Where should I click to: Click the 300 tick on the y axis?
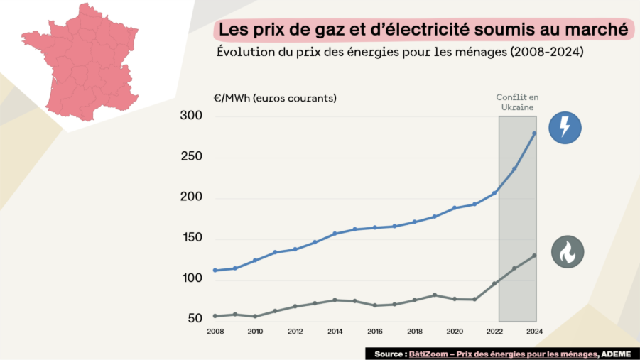tap(192, 116)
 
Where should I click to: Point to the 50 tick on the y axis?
tap(195, 319)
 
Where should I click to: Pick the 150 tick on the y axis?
tap(192, 238)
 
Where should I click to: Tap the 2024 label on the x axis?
tap(534, 332)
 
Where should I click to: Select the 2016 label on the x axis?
tap(374, 332)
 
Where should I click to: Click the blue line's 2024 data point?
tap(534, 133)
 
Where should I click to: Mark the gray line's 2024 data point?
tap(534, 256)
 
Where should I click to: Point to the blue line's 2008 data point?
tap(215, 271)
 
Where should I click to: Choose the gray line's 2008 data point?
tap(215, 316)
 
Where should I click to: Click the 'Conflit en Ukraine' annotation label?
tap(516, 102)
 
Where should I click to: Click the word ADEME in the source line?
tap(617, 353)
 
